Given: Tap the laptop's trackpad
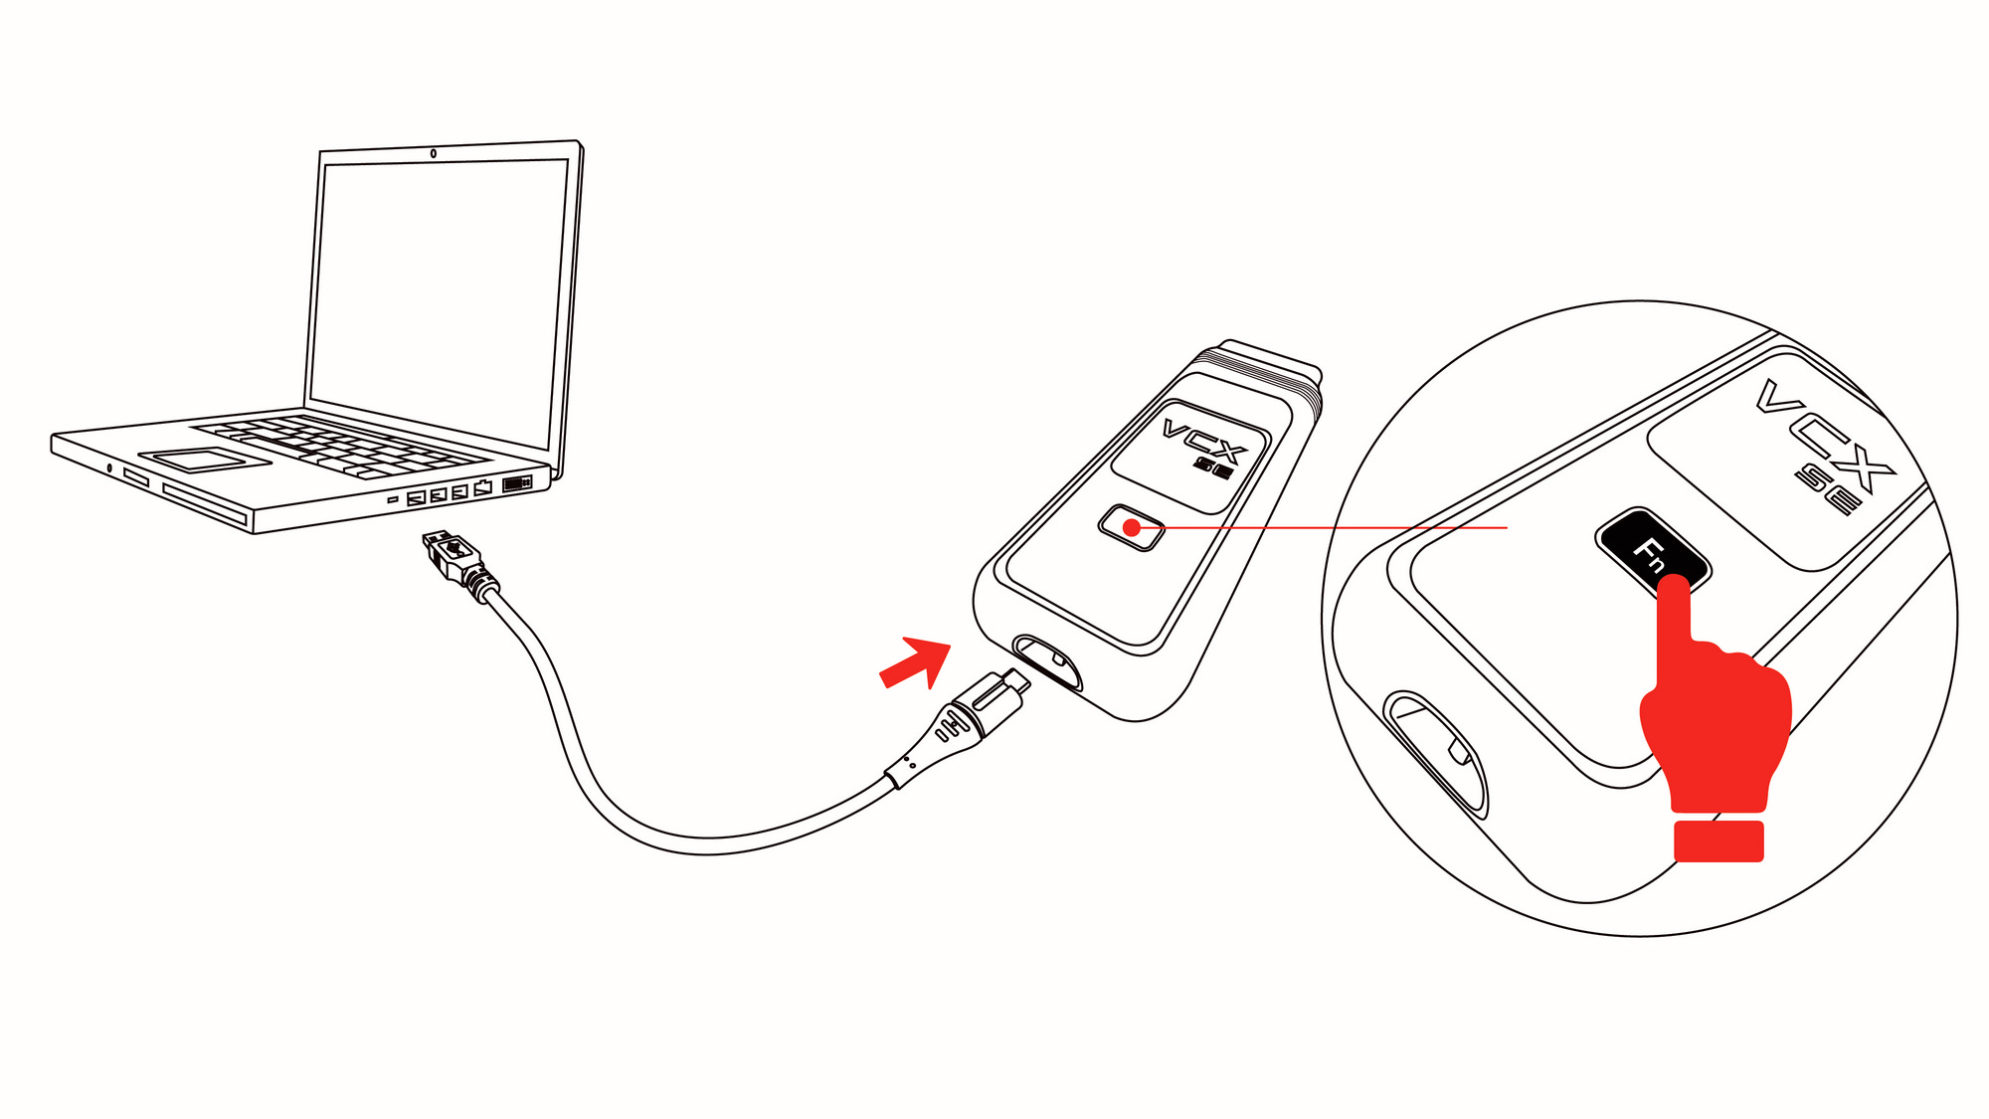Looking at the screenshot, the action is [205, 459].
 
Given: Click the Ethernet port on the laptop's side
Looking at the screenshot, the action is [483, 487].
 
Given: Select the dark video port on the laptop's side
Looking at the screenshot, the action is [517, 483].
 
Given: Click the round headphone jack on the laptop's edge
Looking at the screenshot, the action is [109, 467].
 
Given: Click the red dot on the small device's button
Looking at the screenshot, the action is [1132, 528].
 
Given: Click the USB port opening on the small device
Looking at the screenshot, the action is [1047, 661].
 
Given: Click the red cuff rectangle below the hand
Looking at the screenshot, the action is [1718, 840].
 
